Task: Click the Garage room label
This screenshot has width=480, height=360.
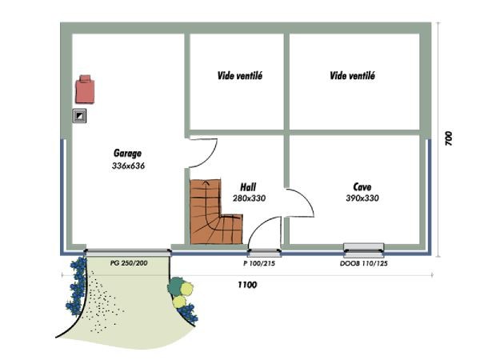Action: [127, 153]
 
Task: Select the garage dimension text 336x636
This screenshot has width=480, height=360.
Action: [128, 166]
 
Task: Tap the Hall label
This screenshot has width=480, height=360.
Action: [248, 187]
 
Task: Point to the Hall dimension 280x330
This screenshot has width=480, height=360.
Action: [249, 198]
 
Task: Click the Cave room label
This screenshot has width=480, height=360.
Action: [362, 186]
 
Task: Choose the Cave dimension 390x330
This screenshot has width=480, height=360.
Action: [362, 198]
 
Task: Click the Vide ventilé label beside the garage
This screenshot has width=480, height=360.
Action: [240, 76]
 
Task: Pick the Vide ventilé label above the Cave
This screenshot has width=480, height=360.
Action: [352, 76]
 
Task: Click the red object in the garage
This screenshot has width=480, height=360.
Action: [85, 89]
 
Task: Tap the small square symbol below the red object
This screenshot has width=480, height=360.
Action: [79, 116]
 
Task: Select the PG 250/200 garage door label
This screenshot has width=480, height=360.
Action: [129, 263]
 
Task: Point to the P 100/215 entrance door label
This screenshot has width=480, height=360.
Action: [259, 263]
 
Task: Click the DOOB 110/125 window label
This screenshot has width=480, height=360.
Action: [364, 263]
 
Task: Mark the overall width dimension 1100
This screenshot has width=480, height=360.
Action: [247, 285]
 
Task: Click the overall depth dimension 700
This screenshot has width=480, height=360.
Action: [448, 138]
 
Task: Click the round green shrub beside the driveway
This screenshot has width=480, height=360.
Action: [176, 286]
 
